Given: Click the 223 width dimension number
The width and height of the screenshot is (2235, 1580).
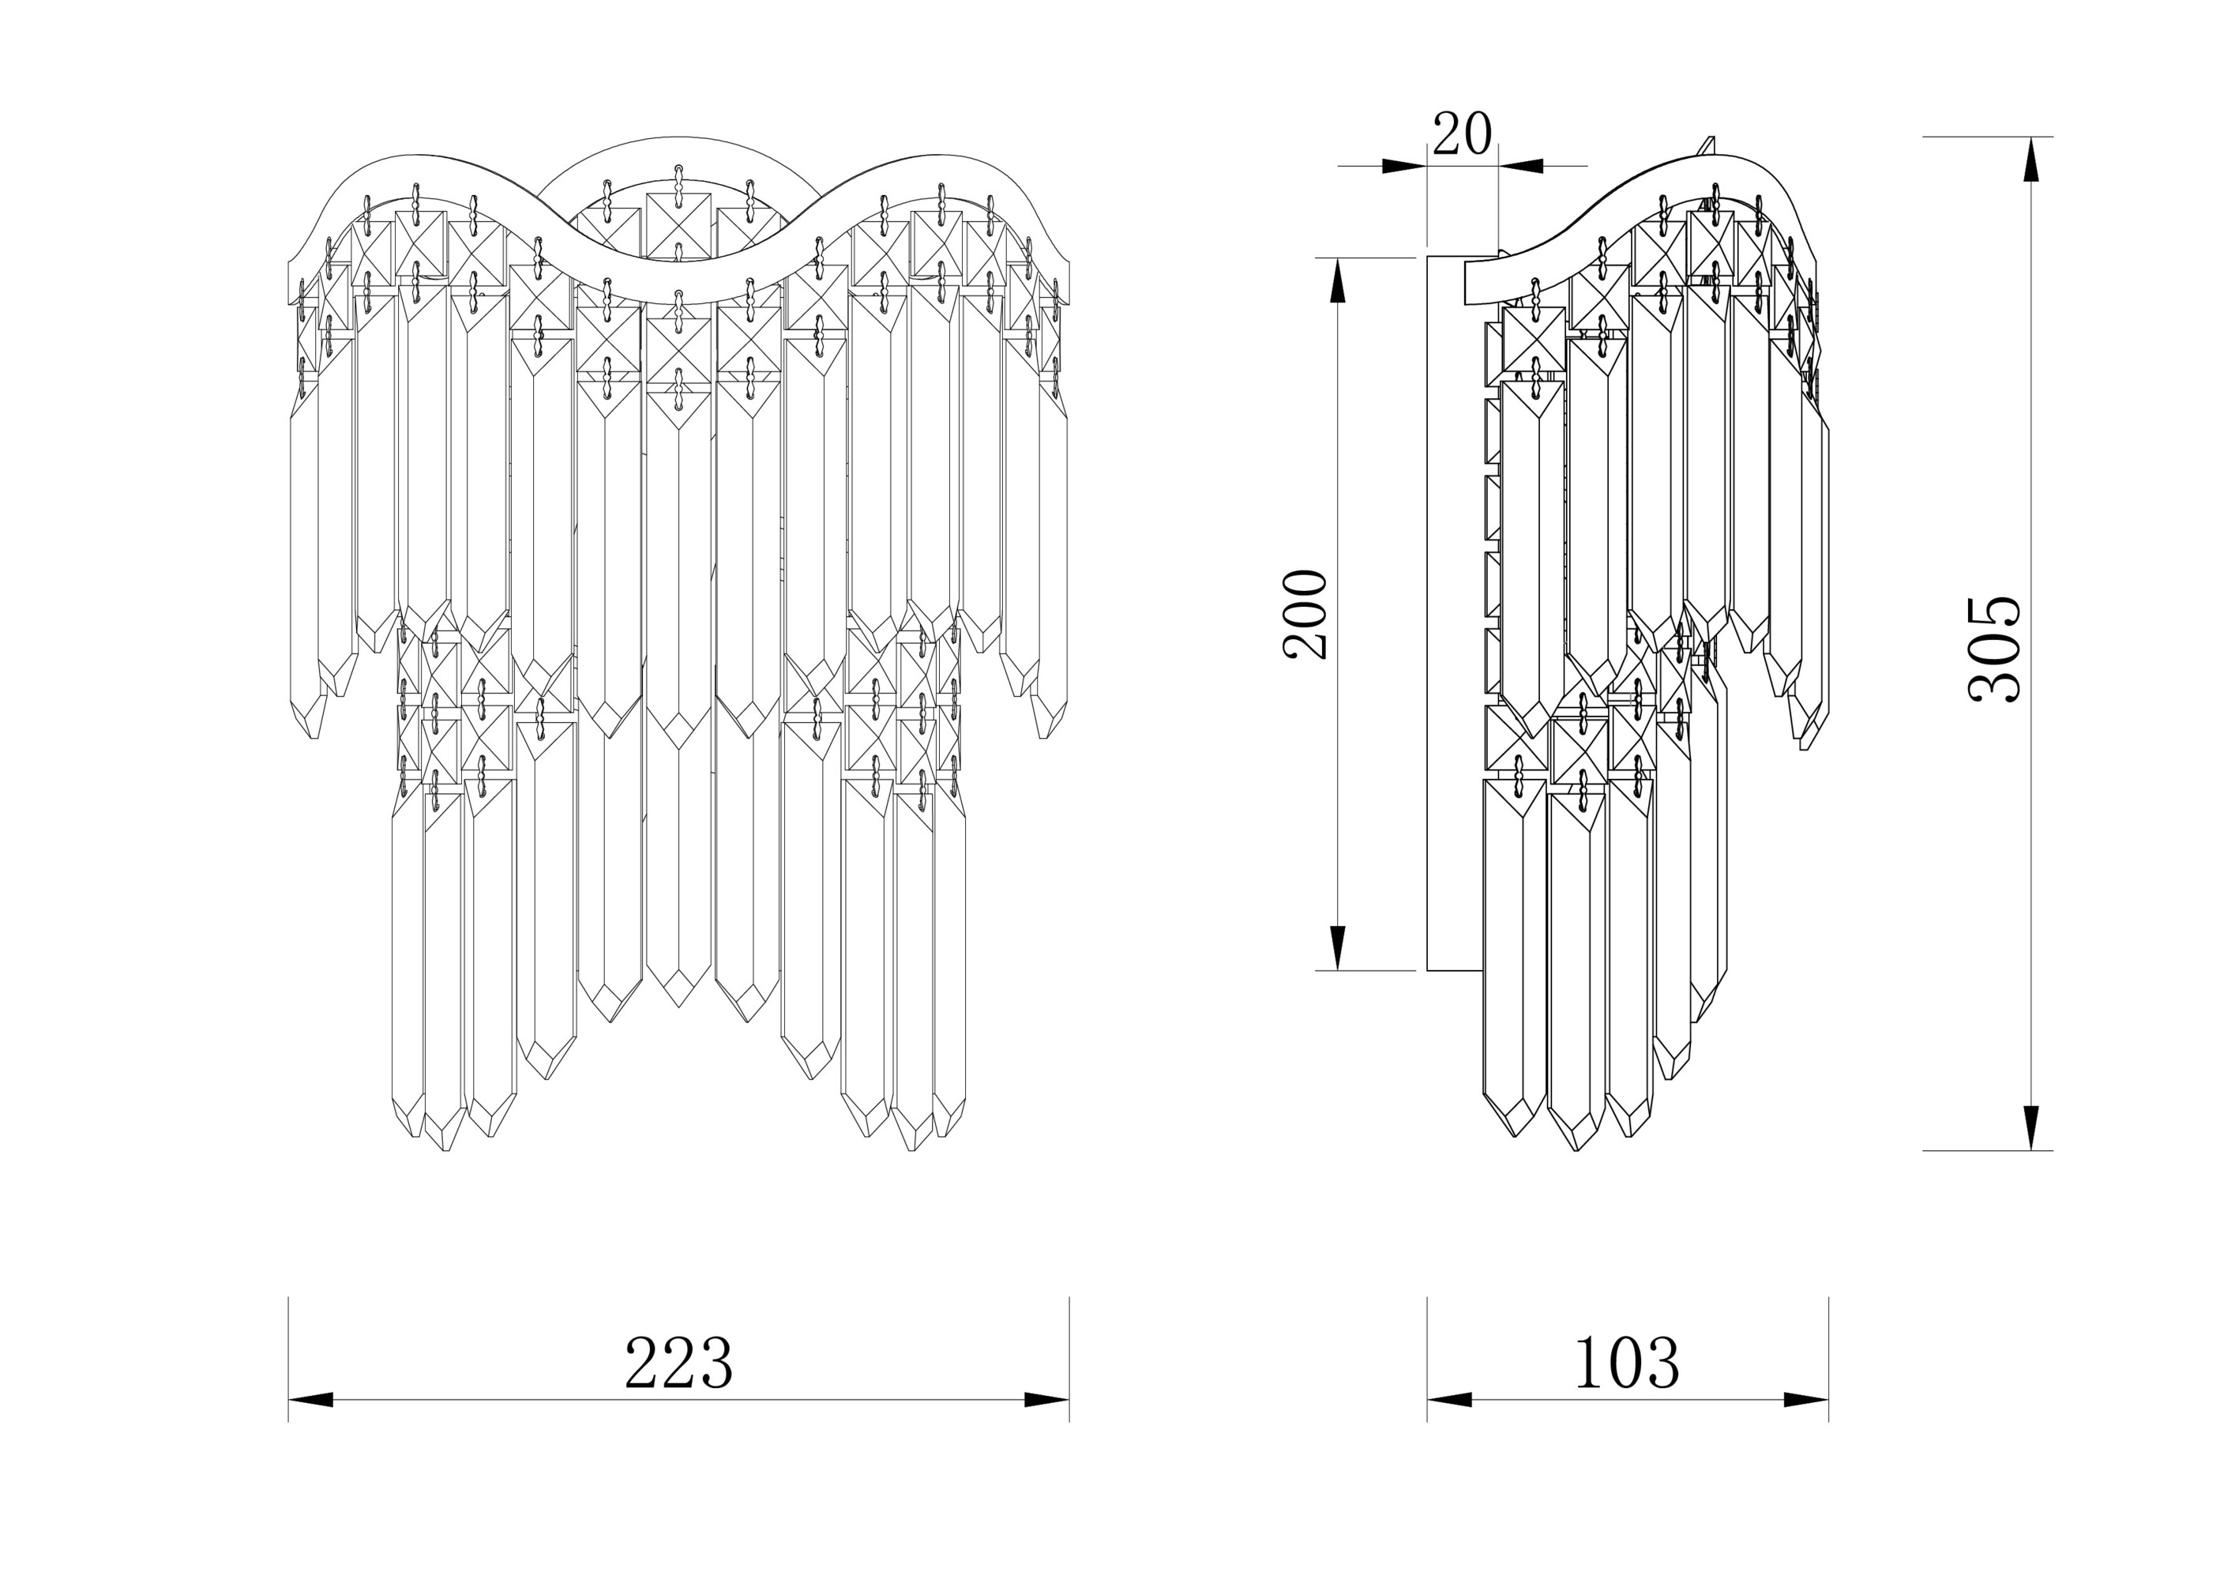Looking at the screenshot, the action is (678, 1363).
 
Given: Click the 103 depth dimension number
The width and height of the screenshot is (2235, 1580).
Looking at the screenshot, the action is (1627, 1363).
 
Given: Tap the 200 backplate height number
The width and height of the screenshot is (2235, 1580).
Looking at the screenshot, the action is (1305, 615).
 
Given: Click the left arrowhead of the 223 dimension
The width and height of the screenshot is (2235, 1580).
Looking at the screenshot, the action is (310, 1400).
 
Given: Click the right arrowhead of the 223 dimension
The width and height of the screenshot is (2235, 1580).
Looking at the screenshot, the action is (1047, 1400).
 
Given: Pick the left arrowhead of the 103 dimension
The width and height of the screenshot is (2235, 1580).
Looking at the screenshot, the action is (1449, 1400).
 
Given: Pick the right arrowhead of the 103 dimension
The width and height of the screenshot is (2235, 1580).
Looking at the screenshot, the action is (1805, 1400).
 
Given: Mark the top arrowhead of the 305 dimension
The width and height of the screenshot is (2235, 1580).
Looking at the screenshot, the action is (2030, 159).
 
